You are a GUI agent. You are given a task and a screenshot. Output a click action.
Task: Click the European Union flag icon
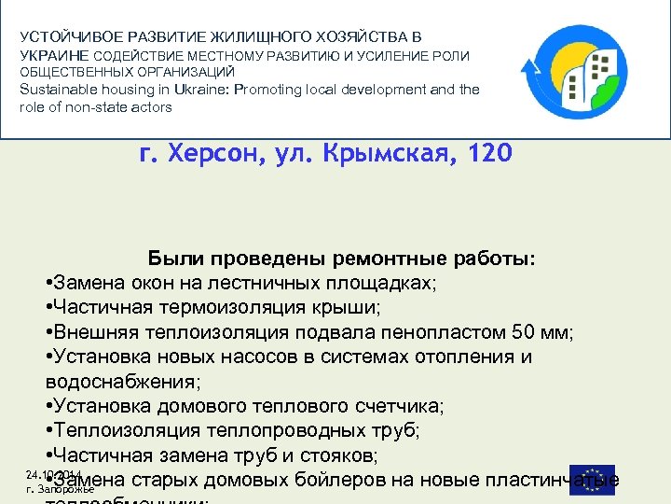(x=592, y=478)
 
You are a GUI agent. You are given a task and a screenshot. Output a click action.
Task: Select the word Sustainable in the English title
(x=60, y=90)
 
